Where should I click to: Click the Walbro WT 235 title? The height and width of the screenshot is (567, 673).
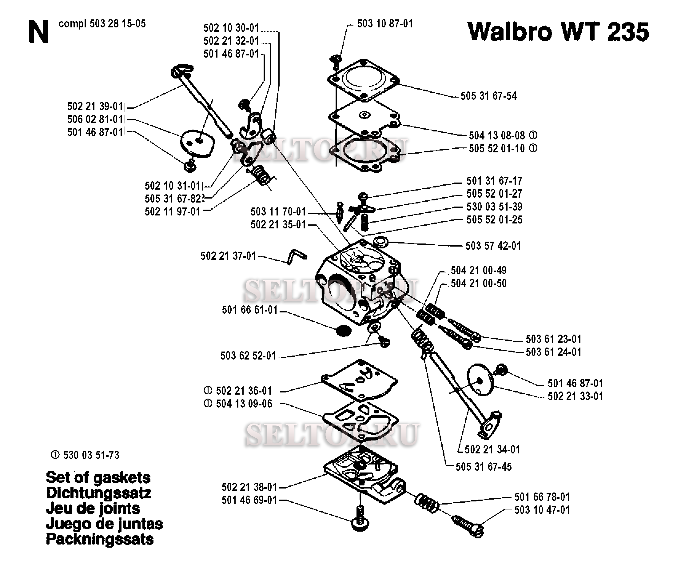pyautogui.click(x=558, y=31)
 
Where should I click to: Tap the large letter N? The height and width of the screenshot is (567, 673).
pyautogui.click(x=38, y=31)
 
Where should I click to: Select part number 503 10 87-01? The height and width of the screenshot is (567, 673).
pyautogui.click(x=385, y=24)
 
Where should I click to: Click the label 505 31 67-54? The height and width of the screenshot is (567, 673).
pyautogui.click(x=488, y=96)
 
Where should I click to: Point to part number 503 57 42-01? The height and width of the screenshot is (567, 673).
pyautogui.click(x=493, y=246)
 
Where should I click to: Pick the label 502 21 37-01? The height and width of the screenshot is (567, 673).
pyautogui.click(x=228, y=256)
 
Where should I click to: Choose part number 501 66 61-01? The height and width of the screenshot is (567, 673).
pyautogui.click(x=249, y=310)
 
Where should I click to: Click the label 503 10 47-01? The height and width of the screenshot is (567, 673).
pyautogui.click(x=542, y=510)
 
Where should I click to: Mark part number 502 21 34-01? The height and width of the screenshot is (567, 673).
pyautogui.click(x=492, y=449)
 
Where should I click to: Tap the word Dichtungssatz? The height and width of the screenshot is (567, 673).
pyautogui.click(x=98, y=493)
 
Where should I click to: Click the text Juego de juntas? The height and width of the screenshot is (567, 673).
pyautogui.click(x=104, y=524)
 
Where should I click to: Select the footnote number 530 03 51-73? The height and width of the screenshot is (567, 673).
pyautogui.click(x=91, y=455)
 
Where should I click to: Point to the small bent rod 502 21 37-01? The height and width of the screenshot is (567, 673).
pyautogui.click(x=297, y=257)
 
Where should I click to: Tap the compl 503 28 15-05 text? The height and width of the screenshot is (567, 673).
pyautogui.click(x=102, y=24)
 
